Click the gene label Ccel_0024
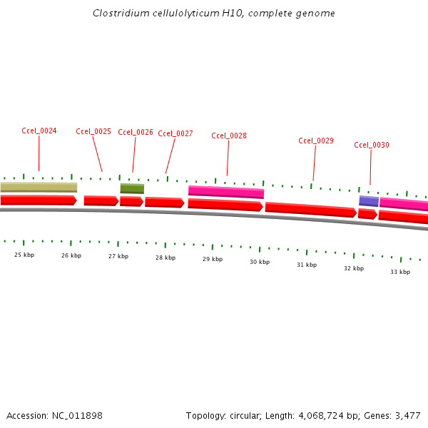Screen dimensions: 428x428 39,131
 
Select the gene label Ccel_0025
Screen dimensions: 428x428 93,131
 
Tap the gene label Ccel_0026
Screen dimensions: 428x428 136,132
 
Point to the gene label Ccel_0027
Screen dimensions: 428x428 175,133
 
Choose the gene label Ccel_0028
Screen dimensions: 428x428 229,136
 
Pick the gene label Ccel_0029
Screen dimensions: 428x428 316,141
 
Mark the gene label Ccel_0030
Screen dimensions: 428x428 372,145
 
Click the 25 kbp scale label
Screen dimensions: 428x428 24,255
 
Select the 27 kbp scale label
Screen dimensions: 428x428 118,256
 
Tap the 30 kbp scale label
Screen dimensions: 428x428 260,262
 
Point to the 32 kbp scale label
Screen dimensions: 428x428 354,268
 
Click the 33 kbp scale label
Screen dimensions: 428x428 400,272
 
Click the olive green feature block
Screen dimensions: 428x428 132,188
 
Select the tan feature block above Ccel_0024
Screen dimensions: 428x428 39,187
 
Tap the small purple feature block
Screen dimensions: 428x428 369,201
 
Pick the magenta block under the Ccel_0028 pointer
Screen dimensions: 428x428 226,191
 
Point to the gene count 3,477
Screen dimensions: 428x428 407,415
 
